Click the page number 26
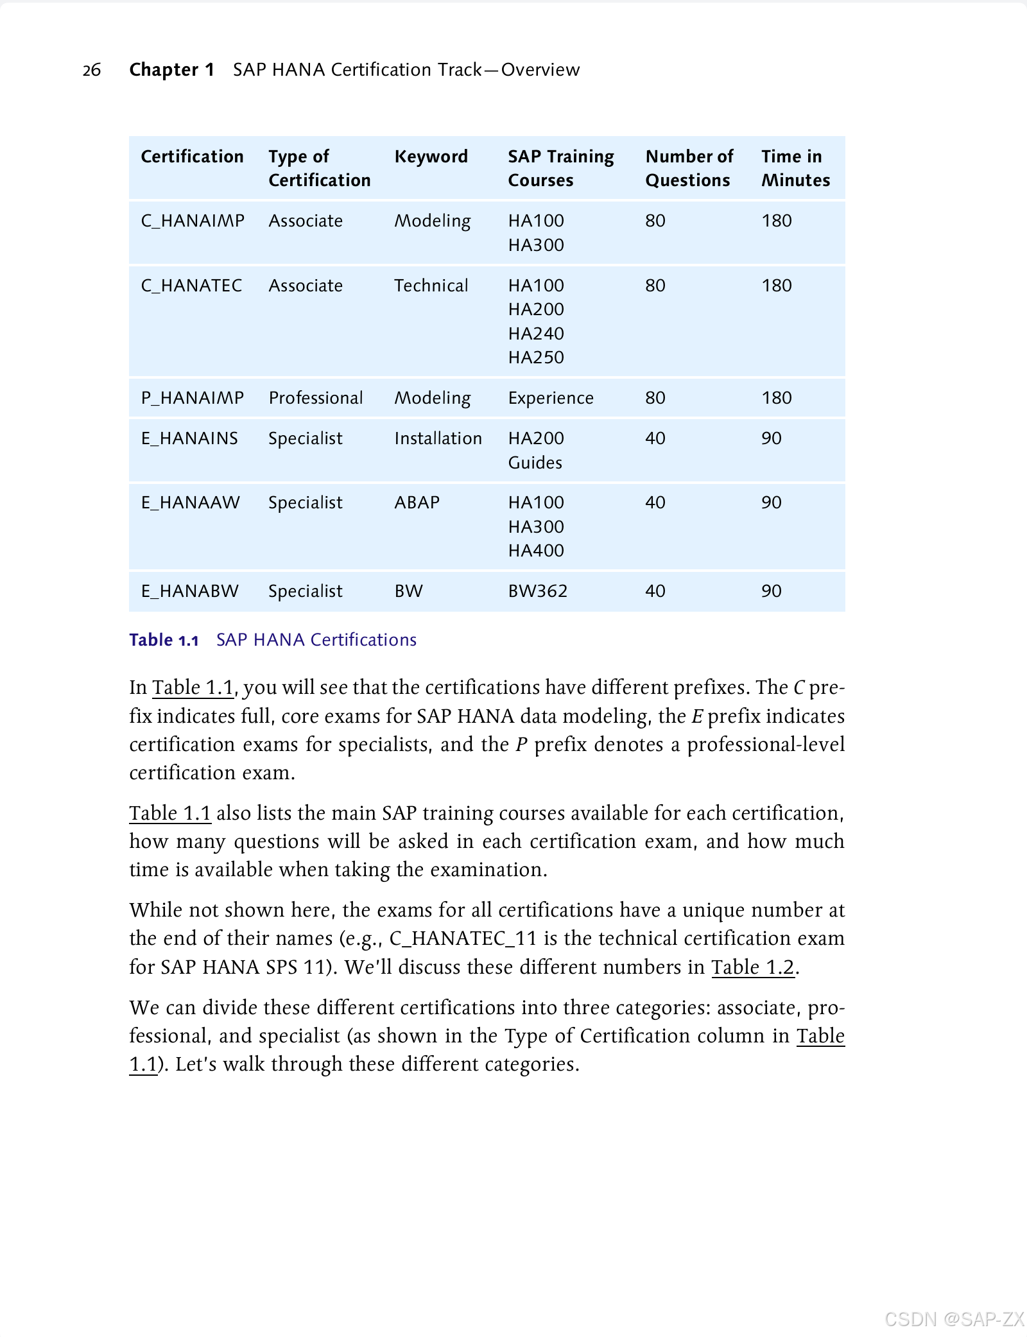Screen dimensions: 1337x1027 click(92, 70)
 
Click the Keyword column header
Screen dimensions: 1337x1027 click(431, 157)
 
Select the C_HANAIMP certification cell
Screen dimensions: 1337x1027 click(193, 221)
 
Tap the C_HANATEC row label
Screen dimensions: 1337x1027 click(191, 286)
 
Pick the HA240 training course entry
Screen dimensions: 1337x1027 click(536, 334)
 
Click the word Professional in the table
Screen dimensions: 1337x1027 click(316, 398)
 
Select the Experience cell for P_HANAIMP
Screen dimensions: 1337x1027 click(551, 398)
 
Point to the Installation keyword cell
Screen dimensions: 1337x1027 click(438, 438)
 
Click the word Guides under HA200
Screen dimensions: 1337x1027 click(535, 463)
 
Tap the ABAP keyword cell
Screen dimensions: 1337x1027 click(417, 503)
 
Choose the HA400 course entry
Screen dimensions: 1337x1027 click(536, 551)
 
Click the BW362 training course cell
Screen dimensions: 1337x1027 click(538, 591)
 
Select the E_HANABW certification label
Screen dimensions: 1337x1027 click(190, 591)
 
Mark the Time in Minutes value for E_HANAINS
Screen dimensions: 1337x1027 click(772, 438)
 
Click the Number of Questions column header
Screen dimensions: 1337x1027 click(689, 168)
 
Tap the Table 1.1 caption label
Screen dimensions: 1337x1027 click(164, 640)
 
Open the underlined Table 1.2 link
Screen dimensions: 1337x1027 click(753, 967)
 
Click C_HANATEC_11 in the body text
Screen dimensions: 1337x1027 click(463, 938)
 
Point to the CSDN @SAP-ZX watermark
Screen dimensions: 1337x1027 click(954, 1319)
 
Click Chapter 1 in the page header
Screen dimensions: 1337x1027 click(171, 70)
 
